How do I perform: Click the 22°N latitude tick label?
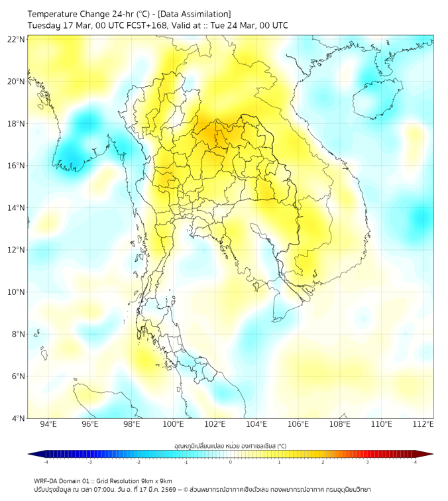coord(17,39)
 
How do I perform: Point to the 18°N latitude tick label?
coord(17,123)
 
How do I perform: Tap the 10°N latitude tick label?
coord(17,292)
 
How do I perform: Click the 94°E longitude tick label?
coord(48,424)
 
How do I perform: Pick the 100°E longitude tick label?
coord(173,424)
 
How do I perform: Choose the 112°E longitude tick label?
coord(423,424)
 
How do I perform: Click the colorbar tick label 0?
coord(231,462)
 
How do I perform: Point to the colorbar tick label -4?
coord(46,462)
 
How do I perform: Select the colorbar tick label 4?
coord(416,462)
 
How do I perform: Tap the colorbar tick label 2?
coord(323,462)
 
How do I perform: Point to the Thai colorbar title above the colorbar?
coord(230,445)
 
